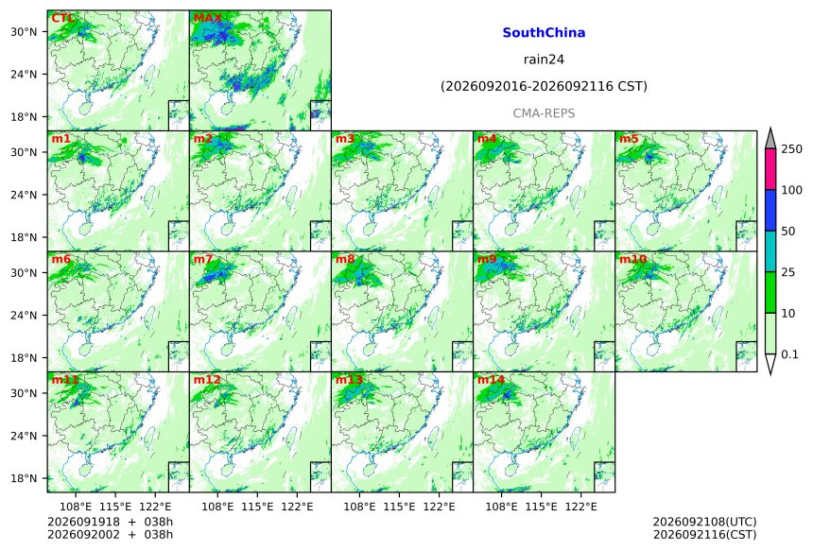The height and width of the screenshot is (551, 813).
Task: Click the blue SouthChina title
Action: (x=544, y=33)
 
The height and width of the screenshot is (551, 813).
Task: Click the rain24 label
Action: (x=544, y=60)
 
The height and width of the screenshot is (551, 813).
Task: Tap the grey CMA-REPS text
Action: (x=544, y=113)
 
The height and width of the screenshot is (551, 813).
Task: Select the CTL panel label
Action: (x=62, y=19)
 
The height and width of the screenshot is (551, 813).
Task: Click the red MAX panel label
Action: (x=207, y=19)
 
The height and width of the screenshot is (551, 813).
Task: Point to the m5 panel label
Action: (x=629, y=139)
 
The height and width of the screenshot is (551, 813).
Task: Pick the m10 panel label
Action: (x=632, y=259)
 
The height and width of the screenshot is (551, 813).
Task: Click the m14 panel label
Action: (x=491, y=380)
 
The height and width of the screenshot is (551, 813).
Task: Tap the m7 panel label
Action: (x=203, y=259)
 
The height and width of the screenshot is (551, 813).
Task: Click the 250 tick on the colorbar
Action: (x=791, y=149)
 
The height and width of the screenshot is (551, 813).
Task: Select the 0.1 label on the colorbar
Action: (x=789, y=354)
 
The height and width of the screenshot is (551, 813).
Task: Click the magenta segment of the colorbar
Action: (x=770, y=169)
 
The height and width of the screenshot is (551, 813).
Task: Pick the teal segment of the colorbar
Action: (x=770, y=250)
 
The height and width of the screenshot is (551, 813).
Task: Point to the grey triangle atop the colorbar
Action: (x=770, y=140)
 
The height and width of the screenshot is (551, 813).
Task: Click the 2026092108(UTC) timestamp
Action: (x=704, y=522)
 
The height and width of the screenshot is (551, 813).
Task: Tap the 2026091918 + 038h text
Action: (x=110, y=522)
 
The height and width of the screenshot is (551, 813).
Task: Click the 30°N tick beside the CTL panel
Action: (x=24, y=32)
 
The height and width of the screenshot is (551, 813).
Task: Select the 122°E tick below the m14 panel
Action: (x=581, y=507)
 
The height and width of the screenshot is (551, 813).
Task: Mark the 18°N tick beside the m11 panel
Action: (x=24, y=478)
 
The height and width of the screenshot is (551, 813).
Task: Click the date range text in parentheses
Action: (x=544, y=86)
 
